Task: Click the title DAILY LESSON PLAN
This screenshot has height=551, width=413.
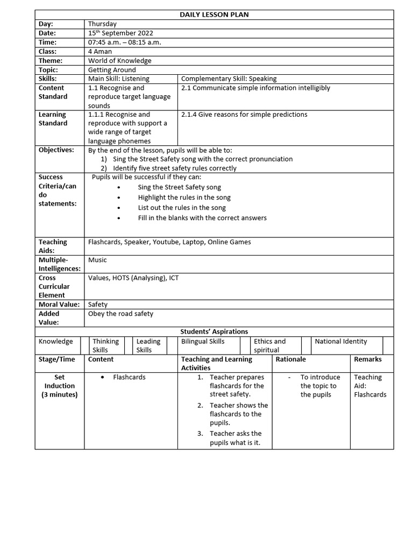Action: (x=214, y=15)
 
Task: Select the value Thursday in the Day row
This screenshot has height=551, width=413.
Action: (x=102, y=24)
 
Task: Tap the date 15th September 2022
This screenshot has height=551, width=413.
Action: (x=120, y=33)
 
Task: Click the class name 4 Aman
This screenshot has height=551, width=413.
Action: (x=100, y=51)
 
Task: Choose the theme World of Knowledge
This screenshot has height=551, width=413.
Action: (x=119, y=61)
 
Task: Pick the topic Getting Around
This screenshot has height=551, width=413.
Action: (x=112, y=70)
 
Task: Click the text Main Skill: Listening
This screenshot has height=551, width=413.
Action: (x=119, y=79)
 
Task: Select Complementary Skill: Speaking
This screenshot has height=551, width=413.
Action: (x=229, y=79)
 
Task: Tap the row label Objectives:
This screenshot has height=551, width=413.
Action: (x=56, y=150)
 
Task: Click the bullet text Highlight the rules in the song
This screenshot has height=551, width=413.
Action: (x=184, y=197)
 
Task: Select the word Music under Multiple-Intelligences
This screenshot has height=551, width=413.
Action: (x=97, y=260)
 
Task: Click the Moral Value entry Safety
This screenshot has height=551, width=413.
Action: (x=98, y=304)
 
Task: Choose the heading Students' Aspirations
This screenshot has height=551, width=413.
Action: (x=214, y=331)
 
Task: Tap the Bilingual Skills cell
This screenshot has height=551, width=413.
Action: (x=203, y=341)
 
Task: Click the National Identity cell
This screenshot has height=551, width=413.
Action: (x=341, y=341)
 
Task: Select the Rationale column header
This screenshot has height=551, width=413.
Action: (x=290, y=359)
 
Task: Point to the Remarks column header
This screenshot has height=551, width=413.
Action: (x=368, y=359)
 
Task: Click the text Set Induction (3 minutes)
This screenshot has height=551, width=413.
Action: (x=60, y=386)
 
